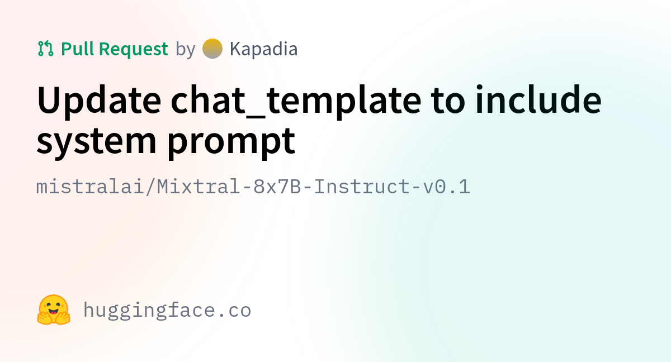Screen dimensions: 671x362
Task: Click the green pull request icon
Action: point(45,49)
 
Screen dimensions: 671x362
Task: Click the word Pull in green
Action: point(78,49)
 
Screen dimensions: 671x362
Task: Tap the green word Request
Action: point(133,49)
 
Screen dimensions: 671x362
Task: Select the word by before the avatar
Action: point(186,49)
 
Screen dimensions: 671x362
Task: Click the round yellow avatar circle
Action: point(212,49)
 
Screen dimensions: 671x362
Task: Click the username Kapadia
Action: point(263,49)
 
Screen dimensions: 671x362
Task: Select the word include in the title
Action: point(538,99)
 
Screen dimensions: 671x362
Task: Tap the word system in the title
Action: point(96,141)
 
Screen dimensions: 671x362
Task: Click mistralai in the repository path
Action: point(90,187)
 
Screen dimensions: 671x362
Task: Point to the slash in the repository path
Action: point(150,187)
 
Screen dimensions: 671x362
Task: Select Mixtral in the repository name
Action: point(199,187)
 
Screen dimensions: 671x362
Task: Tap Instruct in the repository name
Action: point(362,187)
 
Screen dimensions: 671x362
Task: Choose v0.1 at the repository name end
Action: point(446,187)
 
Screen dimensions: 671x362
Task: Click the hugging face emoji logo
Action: point(54,310)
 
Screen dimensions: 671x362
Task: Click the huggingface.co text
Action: point(167,311)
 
